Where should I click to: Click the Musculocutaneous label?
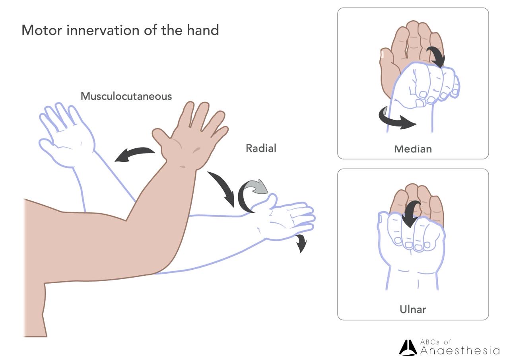(126, 96)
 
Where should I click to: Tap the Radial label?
(261, 148)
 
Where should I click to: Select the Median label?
(413, 149)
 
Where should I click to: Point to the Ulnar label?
(413, 309)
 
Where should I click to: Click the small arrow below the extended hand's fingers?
(301, 243)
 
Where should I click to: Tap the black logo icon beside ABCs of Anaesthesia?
(408, 348)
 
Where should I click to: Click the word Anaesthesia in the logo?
(460, 350)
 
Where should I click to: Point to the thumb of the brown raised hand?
(161, 137)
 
